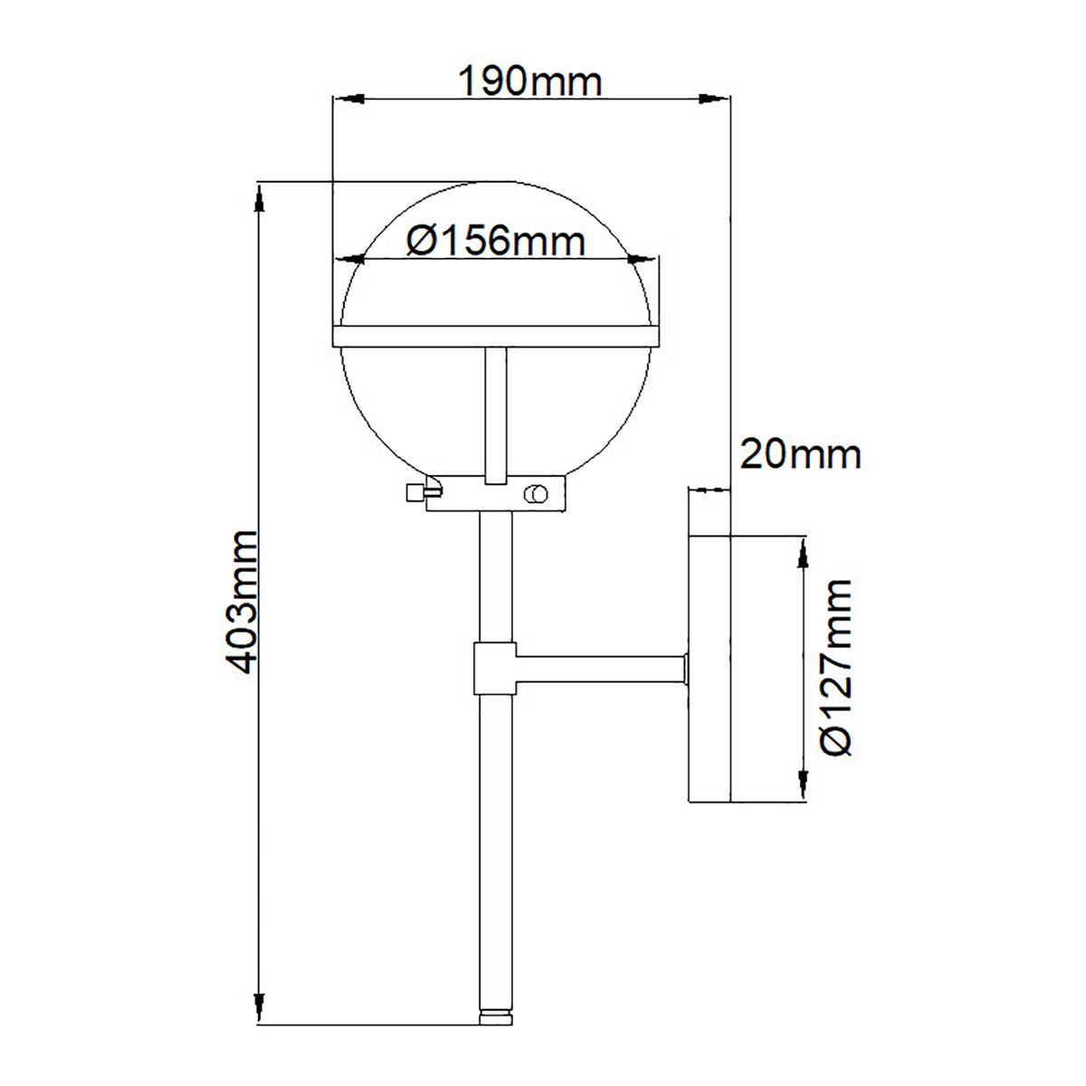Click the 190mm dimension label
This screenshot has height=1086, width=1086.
pyautogui.click(x=530, y=81)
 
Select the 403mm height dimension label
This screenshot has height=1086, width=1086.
pyautogui.click(x=243, y=602)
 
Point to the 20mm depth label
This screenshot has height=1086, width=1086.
pyautogui.click(x=800, y=453)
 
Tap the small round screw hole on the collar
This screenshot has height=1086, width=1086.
pyautogui.click(x=535, y=494)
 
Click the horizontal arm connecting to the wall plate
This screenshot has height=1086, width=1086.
pyautogui.click(x=597, y=670)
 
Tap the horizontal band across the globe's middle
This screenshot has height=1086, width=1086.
pyautogui.click(x=496, y=337)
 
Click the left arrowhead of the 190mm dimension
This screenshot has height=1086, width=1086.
pyautogui.click(x=348, y=98)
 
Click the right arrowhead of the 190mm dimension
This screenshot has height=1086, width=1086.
pyautogui.click(x=716, y=98)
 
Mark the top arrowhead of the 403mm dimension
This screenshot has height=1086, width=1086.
pyautogui.click(x=260, y=199)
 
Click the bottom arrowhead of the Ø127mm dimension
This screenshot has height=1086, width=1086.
pyautogui.click(x=802, y=786)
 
